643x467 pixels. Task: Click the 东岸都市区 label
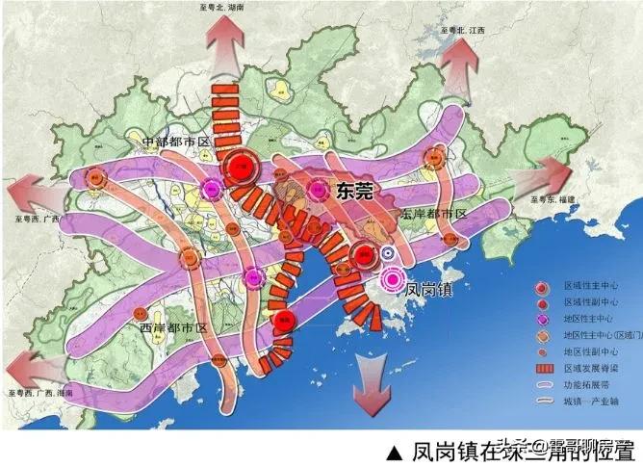click(x=434, y=213)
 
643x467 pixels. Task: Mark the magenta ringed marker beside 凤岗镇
click(x=392, y=279)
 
